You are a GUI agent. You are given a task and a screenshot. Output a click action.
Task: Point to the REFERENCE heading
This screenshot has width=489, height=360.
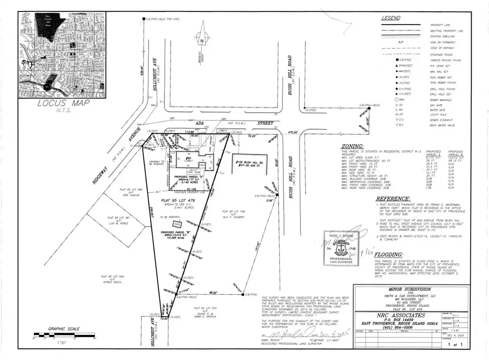click(x=393, y=199)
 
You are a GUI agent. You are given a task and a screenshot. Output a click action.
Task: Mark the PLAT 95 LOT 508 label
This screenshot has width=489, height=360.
click(x=112, y=276)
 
